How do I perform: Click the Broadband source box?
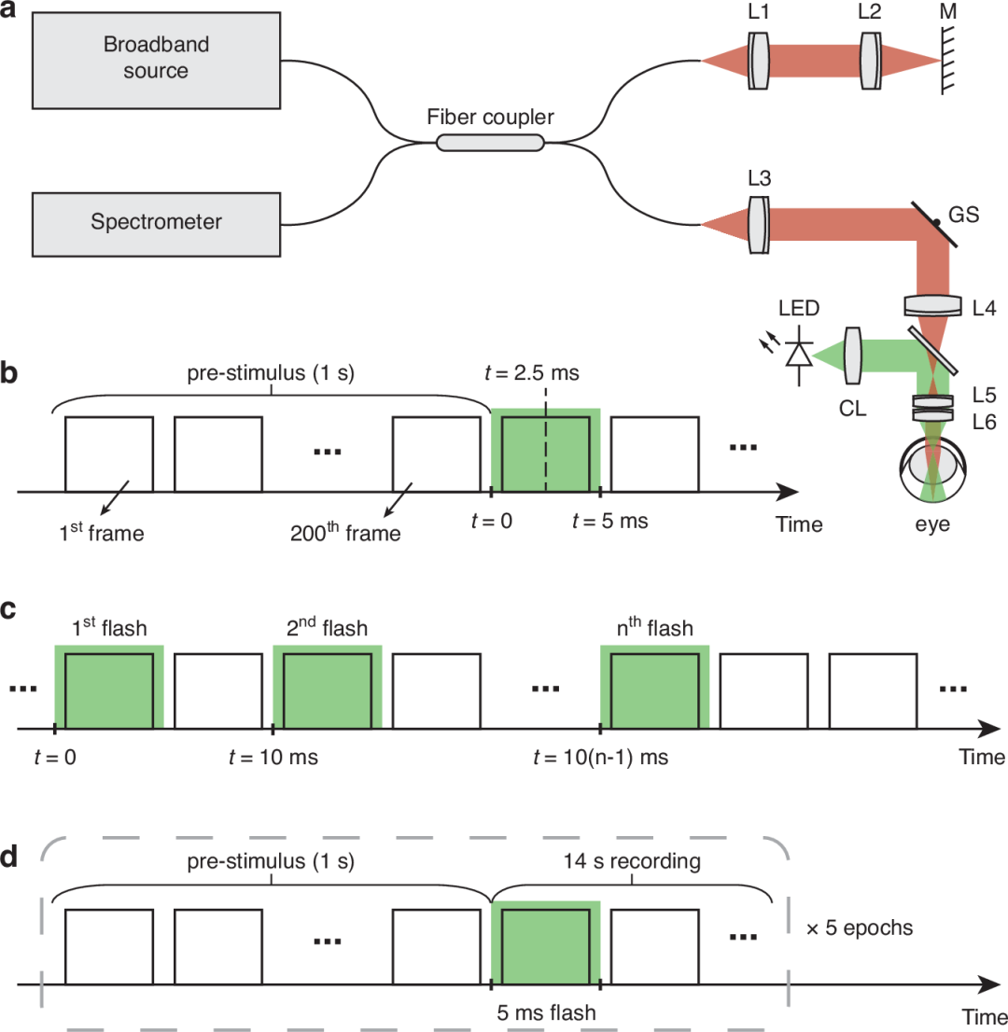pos(155,60)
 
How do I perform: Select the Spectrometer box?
pos(155,222)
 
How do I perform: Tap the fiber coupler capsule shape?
pos(490,142)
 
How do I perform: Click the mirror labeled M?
pos(950,61)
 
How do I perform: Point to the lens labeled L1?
pos(759,61)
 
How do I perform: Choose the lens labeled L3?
pos(759,224)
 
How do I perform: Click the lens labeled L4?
pos(932,305)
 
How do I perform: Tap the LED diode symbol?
pos(798,354)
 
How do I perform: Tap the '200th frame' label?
pos(345,533)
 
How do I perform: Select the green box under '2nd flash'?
pos(327,685)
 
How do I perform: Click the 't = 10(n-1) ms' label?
pos(600,757)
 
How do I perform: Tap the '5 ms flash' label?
pos(545,1011)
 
